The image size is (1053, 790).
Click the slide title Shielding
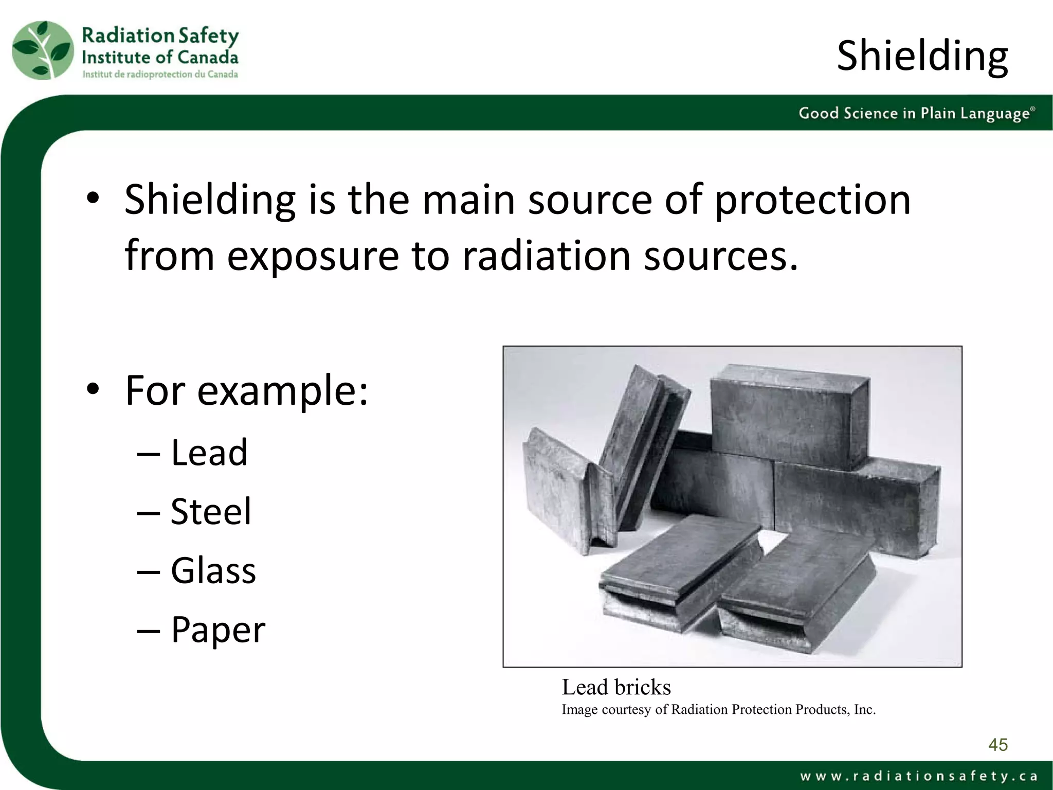pos(922,56)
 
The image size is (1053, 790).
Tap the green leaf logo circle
pos(43,50)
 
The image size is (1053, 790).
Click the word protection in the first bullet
pos(812,200)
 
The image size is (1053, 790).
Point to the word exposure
pos(313,256)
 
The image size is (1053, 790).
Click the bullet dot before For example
pos(93,389)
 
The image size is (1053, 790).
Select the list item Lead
pos(209,453)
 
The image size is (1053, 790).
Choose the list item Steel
pos(211,512)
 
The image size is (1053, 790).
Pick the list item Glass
pos(213,571)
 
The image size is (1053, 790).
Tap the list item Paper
pos(218,630)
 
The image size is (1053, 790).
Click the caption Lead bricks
pos(616,687)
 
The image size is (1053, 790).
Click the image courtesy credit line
pos(718,710)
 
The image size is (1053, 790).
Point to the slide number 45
pos(997,745)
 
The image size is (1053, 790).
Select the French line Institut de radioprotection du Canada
pos(160,75)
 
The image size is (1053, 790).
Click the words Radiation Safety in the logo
pos(160,35)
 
